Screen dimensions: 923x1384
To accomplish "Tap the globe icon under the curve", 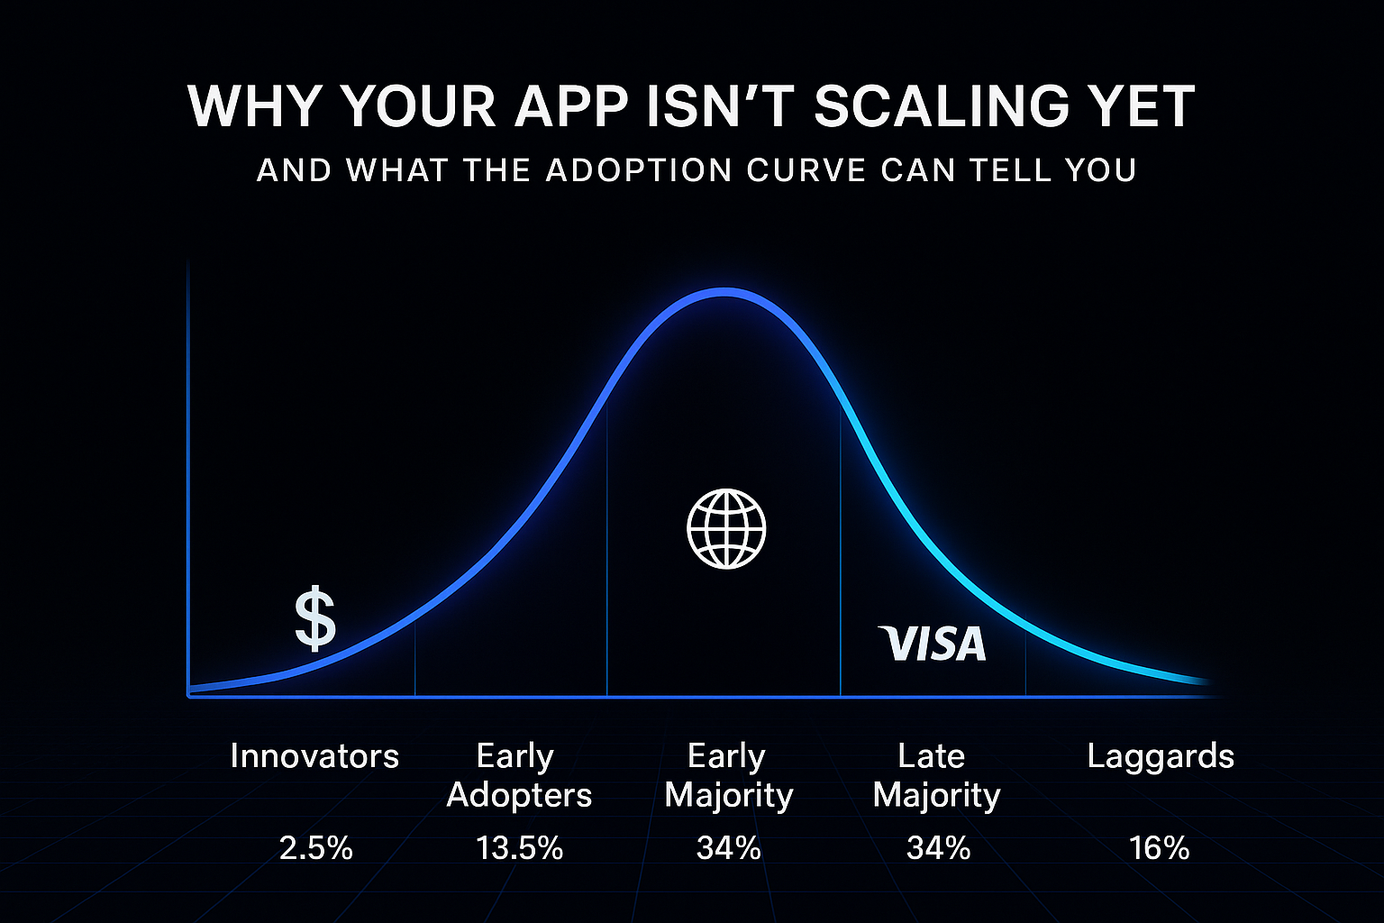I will tap(726, 529).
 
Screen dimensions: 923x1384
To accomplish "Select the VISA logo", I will tap(932, 644).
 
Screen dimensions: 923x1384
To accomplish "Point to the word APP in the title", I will tap(569, 106).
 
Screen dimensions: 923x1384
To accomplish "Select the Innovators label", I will tap(314, 755).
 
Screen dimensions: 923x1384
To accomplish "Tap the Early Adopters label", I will tap(518, 775).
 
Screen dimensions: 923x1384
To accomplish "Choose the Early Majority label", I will tap(728, 775).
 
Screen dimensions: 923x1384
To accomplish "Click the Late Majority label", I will tap(936, 775).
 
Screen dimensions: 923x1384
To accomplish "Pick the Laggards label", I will tap(1160, 755).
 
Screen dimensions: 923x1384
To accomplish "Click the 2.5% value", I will tap(315, 848).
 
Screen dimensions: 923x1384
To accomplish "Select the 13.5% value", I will tap(519, 848).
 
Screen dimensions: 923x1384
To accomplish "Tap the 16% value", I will tap(1159, 848).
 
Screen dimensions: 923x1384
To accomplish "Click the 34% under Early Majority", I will tap(728, 848).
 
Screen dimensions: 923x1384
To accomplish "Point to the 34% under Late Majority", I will tap(938, 848).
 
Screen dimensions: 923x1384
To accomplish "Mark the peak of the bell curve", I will tap(726, 292).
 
